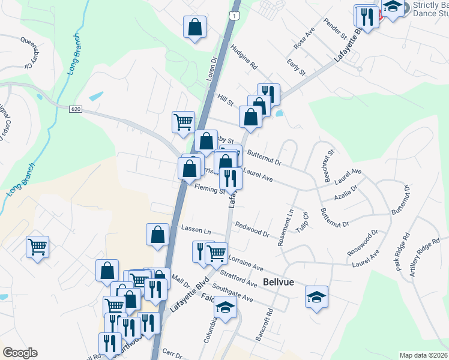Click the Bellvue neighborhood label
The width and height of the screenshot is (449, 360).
tap(279, 282)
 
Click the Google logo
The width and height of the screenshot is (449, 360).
tap(20, 352)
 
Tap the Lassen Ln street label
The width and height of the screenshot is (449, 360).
tap(196, 231)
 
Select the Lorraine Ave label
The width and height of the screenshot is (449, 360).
tap(246, 262)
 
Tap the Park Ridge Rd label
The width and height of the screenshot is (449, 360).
tap(402, 252)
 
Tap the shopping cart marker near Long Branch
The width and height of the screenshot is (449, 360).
tap(37, 246)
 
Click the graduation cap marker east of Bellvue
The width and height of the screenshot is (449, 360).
tap(316, 296)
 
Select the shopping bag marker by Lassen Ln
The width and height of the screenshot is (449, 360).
tap(157, 234)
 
